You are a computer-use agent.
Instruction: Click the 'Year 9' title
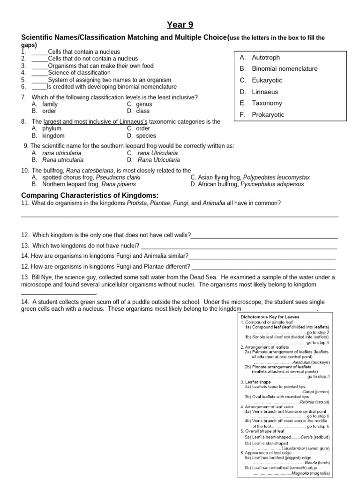pos(180,25)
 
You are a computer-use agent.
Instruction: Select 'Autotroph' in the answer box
pos(266,58)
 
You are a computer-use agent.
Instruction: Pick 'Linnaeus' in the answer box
pos(265,92)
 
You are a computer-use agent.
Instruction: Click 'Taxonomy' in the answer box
pos(267,103)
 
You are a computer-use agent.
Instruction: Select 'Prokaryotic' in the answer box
pos(268,115)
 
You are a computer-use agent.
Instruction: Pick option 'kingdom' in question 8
pos(53,135)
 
